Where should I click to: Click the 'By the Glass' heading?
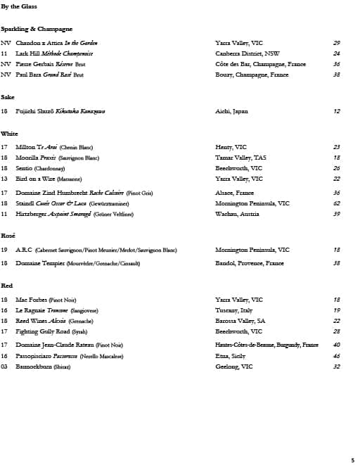[x=19, y=7]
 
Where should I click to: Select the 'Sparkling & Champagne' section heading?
[x=37, y=29]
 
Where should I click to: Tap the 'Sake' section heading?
[x=8, y=96]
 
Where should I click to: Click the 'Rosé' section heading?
[x=8, y=235]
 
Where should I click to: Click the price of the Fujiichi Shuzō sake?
[x=337, y=111]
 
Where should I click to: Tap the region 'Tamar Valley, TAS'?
[x=240, y=158]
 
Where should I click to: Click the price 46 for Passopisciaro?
[x=337, y=356]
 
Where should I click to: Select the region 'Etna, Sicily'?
[x=230, y=356]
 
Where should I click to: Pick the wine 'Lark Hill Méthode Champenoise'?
[x=54, y=53]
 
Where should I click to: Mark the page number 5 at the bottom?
[x=353, y=459]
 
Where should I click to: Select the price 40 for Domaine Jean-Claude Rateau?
[x=337, y=345]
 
